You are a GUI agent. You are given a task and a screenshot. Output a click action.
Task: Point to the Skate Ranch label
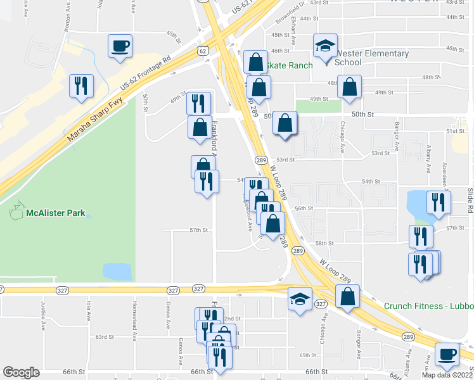[x=291, y=65]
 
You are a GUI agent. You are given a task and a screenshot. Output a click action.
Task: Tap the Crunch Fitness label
[x=428, y=306]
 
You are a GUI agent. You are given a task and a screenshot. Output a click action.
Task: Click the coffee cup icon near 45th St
[x=120, y=46]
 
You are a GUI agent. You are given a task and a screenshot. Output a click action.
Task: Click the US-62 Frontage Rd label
[x=146, y=75]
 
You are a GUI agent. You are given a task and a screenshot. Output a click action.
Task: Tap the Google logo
[x=21, y=372]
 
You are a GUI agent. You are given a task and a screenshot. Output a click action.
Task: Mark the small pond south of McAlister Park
[x=118, y=271]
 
